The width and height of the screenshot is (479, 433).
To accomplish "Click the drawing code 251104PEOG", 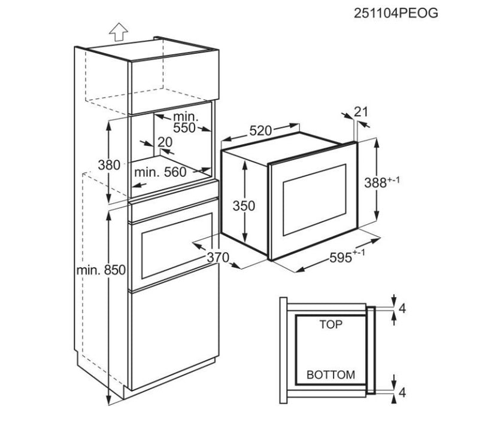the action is [396, 13].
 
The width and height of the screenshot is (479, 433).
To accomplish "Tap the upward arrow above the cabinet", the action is [119, 32].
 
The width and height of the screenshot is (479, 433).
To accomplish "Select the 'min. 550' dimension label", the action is [186, 122].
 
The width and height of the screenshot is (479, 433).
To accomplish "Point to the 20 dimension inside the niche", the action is [165, 142].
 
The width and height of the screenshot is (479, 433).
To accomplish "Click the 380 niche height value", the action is [109, 165].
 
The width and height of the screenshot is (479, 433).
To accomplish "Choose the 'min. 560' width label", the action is [160, 172].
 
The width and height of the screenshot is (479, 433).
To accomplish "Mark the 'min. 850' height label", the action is [101, 270].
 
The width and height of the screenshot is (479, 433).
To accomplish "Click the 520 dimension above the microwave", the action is [260, 130].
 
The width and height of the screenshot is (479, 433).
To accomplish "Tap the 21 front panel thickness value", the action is [361, 112].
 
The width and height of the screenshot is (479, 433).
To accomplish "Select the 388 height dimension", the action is [382, 182].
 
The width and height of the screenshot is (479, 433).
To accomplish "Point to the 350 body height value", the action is [244, 206].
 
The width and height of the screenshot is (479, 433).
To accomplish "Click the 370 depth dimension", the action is [218, 258].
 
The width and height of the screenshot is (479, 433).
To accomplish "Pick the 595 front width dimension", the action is [347, 257].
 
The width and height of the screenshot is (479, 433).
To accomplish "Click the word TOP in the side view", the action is [331, 324].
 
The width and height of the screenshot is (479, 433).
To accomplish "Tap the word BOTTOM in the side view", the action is [331, 375].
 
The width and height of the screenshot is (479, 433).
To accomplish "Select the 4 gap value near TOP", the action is [402, 309].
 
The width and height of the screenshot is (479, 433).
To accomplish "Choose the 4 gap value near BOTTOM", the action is [402, 392].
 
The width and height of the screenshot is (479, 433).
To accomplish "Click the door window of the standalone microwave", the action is [315, 200].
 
